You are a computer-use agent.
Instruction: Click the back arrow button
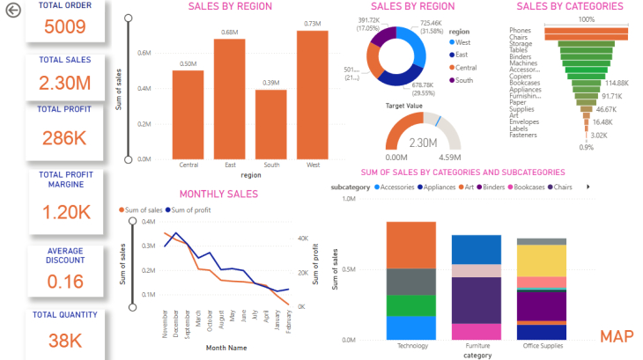click(x=12, y=11)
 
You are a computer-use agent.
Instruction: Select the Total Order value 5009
click(x=63, y=26)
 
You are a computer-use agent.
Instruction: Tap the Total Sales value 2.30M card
click(x=63, y=84)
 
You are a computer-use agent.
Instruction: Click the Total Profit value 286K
click(x=63, y=137)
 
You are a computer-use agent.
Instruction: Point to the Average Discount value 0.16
click(x=63, y=282)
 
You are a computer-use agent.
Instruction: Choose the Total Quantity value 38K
click(x=63, y=339)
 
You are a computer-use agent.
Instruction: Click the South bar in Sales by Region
click(x=270, y=122)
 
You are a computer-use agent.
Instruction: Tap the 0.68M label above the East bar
click(x=229, y=33)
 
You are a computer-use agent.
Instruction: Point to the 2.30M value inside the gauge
click(x=424, y=142)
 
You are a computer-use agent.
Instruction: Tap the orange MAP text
click(x=617, y=337)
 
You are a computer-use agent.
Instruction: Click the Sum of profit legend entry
click(x=192, y=210)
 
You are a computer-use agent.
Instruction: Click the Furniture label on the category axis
click(x=476, y=346)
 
